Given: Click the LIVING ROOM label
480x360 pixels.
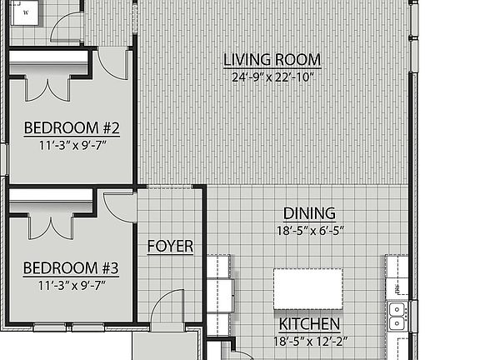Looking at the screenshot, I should click(x=272, y=60).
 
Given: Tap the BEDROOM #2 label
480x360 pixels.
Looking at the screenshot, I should click(x=72, y=128).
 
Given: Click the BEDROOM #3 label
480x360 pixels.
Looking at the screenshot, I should click(x=71, y=268).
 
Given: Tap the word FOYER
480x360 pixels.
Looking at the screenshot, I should click(x=170, y=247).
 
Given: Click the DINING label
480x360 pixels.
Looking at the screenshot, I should click(x=309, y=213).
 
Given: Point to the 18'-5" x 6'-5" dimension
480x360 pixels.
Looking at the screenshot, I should click(x=309, y=230).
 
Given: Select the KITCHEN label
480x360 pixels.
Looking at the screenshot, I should click(x=308, y=324).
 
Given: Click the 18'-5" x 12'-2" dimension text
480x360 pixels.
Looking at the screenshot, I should click(x=308, y=341).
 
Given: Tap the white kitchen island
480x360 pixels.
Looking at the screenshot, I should click(x=308, y=288).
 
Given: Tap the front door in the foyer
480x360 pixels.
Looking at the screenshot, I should click(x=169, y=308).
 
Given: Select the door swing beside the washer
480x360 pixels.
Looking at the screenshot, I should click(x=67, y=27).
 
